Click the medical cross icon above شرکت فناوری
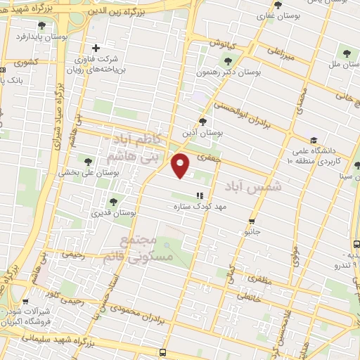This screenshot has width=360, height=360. [x=96, y=49]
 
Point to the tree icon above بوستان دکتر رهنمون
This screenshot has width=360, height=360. [x=226, y=60]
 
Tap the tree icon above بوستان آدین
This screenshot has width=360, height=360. [x=203, y=120]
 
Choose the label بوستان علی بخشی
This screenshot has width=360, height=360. [x=84, y=172]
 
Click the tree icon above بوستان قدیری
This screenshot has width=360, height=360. [x=113, y=202]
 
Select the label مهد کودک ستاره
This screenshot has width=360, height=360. [x=199, y=207]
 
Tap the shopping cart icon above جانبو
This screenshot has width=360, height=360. [x=251, y=221]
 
